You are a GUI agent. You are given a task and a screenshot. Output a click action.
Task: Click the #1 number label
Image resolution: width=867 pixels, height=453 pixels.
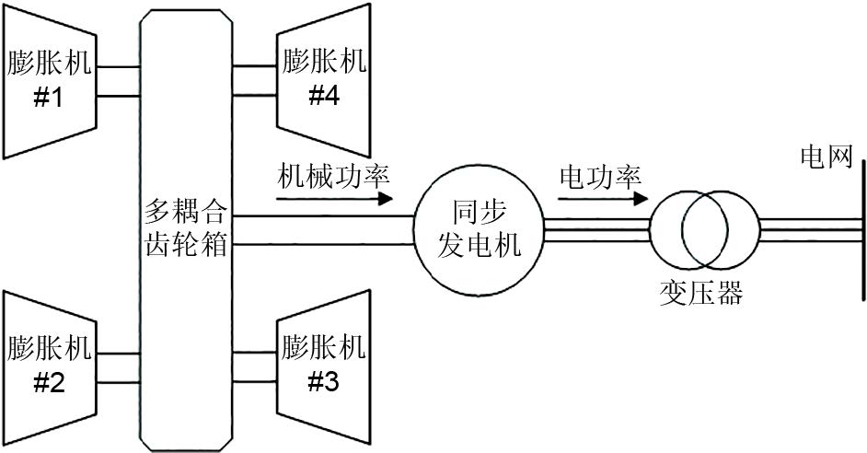point(48,98)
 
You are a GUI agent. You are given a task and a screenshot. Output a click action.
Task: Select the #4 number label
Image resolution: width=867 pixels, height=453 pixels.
point(324,96)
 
